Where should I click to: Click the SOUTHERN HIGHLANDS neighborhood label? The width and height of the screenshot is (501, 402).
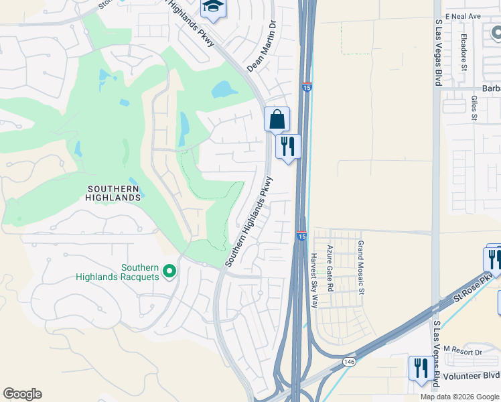tap(114, 193)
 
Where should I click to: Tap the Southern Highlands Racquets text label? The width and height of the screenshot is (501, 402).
tap(117, 272)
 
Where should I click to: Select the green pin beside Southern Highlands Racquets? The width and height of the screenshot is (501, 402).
tap(169, 271)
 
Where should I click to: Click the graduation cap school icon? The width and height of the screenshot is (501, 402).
tap(214, 7)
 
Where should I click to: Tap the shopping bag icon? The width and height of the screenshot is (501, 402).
tap(277, 120)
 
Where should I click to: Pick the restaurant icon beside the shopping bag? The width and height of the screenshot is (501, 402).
tap(288, 147)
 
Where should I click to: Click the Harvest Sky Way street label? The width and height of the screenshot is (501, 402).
tap(313, 280)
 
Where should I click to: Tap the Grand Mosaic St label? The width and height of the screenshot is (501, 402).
tap(360, 268)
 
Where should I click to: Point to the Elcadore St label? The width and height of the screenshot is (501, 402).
tap(463, 53)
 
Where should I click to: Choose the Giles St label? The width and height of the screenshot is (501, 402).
tap(474, 107)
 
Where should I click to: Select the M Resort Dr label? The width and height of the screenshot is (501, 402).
tap(463, 352)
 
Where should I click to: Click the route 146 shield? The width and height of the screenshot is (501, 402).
tap(349, 360)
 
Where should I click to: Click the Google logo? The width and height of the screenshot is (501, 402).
tap(22, 394)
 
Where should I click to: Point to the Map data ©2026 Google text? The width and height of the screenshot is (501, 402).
tap(459, 397)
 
